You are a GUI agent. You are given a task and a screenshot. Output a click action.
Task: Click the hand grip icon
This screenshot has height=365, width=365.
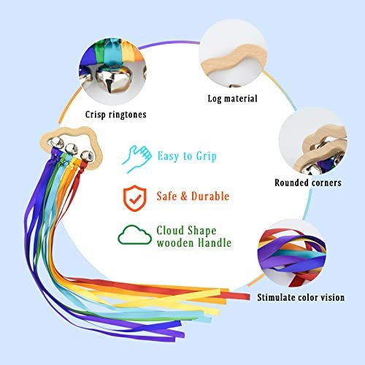(x=137, y=158)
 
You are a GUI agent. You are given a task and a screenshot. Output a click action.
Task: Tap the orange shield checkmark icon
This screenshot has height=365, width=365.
(x=135, y=198)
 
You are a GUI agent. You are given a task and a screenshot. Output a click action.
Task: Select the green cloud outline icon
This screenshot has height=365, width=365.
(x=134, y=234)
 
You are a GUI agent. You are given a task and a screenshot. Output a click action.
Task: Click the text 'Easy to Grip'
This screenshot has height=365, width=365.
(x=187, y=156)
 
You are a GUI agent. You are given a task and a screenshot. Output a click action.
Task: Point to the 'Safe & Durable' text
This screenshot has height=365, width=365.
(x=193, y=196)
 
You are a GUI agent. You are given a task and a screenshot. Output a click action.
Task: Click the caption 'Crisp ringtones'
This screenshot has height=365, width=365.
(x=116, y=115)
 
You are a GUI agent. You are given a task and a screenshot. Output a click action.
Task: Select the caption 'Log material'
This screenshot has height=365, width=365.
(x=232, y=99)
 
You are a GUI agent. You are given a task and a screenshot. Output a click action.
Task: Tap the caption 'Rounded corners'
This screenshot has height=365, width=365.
(x=308, y=182)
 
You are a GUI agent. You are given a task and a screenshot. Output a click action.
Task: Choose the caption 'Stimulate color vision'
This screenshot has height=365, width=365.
(x=301, y=297)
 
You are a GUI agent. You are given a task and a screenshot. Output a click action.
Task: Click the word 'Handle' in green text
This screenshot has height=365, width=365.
(x=215, y=243)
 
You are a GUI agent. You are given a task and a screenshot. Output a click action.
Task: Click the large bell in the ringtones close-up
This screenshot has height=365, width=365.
(x=112, y=79)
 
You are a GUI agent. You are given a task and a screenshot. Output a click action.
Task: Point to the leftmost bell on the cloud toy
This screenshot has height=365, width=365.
(x=56, y=142)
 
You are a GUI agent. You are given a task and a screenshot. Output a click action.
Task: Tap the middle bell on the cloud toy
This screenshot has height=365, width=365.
(x=71, y=148)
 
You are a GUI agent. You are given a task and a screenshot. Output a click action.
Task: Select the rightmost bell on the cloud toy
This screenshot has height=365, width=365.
(x=87, y=155)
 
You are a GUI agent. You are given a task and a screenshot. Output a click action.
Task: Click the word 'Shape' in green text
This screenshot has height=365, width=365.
(x=202, y=231)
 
